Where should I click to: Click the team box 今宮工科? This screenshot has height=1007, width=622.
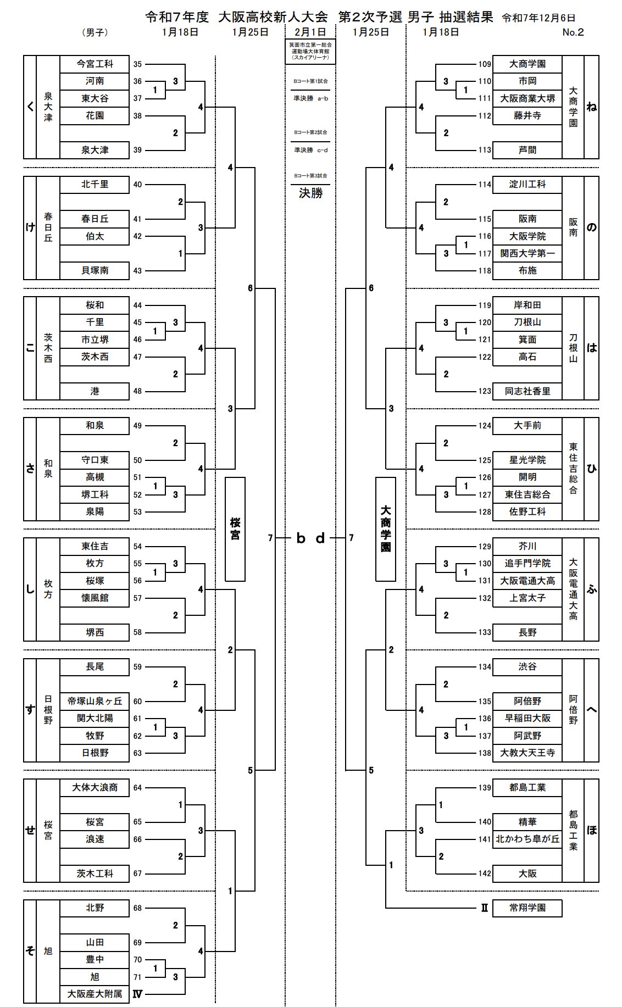(x=95, y=64)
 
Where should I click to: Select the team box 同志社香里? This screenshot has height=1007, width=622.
(x=527, y=391)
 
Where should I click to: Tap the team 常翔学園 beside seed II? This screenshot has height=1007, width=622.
(x=527, y=908)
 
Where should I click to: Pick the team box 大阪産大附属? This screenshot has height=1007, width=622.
(x=95, y=994)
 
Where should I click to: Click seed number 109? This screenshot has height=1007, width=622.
(x=484, y=64)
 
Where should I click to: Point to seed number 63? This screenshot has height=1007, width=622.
(x=137, y=753)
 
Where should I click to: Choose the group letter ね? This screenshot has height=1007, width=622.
(x=591, y=107)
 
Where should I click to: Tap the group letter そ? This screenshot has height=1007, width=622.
(x=30, y=950)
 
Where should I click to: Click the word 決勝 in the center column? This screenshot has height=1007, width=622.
(x=310, y=193)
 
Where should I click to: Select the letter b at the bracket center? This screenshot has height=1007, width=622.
(x=301, y=538)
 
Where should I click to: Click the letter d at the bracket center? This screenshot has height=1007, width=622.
(x=320, y=538)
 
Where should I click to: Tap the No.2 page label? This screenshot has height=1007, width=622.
(x=573, y=32)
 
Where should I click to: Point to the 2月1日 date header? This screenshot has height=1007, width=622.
(x=310, y=32)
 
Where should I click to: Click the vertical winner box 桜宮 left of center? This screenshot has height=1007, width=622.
(x=235, y=528)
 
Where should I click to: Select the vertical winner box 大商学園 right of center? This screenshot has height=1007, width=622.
(x=386, y=528)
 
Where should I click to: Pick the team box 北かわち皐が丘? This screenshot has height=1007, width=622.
(x=527, y=839)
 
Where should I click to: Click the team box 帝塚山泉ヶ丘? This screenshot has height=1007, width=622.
(x=95, y=701)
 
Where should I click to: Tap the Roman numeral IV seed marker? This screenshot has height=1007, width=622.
(x=137, y=994)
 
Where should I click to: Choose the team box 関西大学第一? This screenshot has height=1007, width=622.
(x=527, y=253)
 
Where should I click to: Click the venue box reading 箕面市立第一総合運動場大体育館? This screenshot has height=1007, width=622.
(x=310, y=51)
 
